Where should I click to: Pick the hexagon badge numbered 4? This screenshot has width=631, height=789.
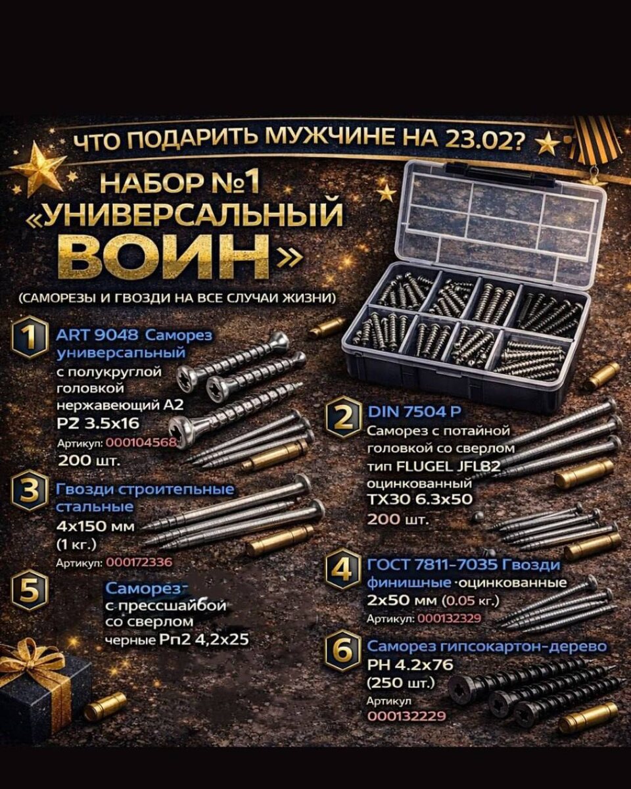click(343, 570)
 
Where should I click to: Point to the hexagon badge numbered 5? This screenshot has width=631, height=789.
click(30, 591)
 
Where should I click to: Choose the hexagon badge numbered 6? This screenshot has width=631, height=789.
click(343, 652)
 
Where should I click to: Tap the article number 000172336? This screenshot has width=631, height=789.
click(139, 562)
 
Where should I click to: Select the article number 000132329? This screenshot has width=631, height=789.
click(449, 619)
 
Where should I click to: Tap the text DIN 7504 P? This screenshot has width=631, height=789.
click(414, 412)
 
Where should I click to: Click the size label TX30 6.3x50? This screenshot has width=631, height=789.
click(419, 499)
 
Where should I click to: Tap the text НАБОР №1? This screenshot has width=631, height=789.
click(180, 183)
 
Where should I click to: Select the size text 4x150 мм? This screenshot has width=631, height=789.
click(95, 527)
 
